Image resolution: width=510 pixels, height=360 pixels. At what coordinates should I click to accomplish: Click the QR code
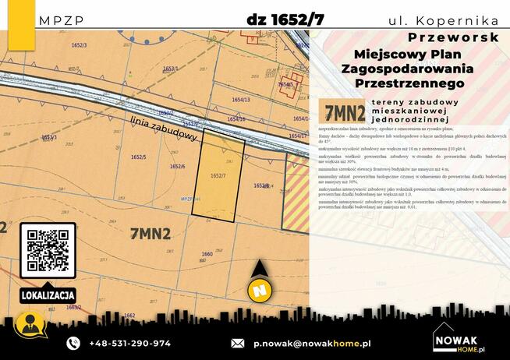(47, 250)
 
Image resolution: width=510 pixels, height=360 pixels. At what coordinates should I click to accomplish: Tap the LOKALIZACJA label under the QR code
(48, 295)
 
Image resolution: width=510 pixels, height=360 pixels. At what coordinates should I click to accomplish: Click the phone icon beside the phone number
(73, 343)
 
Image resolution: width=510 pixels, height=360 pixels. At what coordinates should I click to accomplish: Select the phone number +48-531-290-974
(130, 343)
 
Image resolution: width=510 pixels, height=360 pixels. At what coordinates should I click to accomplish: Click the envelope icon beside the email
(238, 343)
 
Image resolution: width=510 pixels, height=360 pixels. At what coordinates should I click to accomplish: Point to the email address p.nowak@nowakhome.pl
(312, 343)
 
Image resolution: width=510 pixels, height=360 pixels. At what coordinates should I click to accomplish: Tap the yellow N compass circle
(259, 290)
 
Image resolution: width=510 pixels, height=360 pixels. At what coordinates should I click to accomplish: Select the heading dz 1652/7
(285, 19)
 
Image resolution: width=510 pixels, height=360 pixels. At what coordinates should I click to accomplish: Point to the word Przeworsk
(453, 37)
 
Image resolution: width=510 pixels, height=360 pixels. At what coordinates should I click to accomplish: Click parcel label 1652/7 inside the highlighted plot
(218, 176)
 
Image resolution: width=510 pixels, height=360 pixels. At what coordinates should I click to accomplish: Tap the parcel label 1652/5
(139, 157)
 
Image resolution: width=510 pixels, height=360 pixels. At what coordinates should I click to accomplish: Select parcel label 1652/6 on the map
(177, 167)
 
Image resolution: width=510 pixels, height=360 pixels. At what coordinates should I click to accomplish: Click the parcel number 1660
(207, 255)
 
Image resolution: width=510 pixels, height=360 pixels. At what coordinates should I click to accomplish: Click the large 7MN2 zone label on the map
(151, 232)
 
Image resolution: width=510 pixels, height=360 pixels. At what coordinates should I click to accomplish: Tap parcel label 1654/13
(241, 100)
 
